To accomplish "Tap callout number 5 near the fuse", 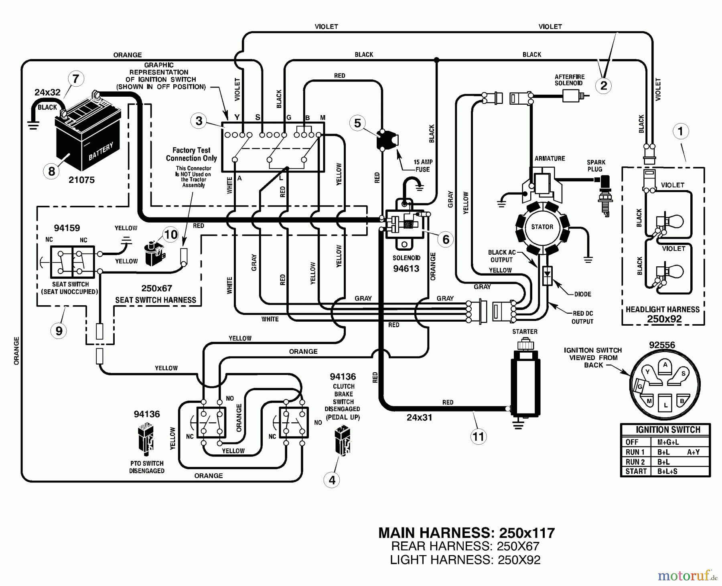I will (x=357, y=123).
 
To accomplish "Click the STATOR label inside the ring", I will (x=542, y=227).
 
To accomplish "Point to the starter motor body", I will (x=525, y=385).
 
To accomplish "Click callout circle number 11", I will (x=478, y=436).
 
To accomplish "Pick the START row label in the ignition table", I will (x=636, y=471).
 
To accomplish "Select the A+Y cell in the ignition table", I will (x=693, y=452).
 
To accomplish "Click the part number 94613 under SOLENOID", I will (x=406, y=268).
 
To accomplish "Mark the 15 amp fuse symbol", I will (x=387, y=140).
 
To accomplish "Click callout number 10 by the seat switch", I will (x=171, y=234).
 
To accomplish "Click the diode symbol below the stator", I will (x=547, y=276).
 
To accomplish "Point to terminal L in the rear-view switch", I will (x=665, y=405).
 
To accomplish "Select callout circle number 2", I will (x=604, y=85).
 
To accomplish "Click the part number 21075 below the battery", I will (x=81, y=180).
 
